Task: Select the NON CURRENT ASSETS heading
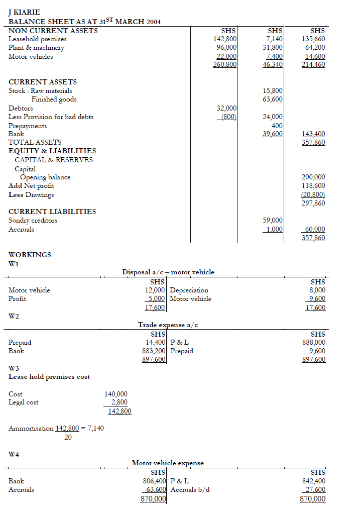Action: (x=53, y=31)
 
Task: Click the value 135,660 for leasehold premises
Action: (x=313, y=39)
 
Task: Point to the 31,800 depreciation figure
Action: (x=273, y=47)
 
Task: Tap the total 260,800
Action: (x=225, y=64)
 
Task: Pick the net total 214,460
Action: (x=313, y=64)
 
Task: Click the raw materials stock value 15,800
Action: (x=273, y=90)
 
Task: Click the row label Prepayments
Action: (x=28, y=126)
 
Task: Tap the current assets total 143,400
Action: (x=313, y=134)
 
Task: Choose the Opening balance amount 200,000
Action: (x=313, y=177)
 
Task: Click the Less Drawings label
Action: (x=31, y=194)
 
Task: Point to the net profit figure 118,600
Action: (x=313, y=185)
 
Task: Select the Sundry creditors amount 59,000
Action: (x=273, y=220)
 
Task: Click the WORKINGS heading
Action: (x=30, y=255)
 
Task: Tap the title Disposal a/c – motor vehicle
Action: (x=168, y=272)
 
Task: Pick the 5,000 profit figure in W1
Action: (x=156, y=298)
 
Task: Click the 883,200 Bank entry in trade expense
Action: (x=154, y=351)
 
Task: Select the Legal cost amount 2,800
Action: (x=119, y=402)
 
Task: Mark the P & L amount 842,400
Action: (x=312, y=481)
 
